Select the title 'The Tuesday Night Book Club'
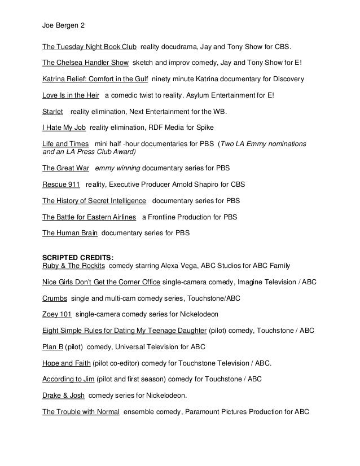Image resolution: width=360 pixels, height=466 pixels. coord(90,46)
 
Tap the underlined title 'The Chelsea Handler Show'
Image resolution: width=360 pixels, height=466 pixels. coord(86,61)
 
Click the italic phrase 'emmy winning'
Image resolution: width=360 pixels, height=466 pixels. coord(117,168)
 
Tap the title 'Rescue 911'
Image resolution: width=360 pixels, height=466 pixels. coord(61,184)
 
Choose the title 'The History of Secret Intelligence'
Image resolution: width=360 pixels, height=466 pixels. coord(94,200)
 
